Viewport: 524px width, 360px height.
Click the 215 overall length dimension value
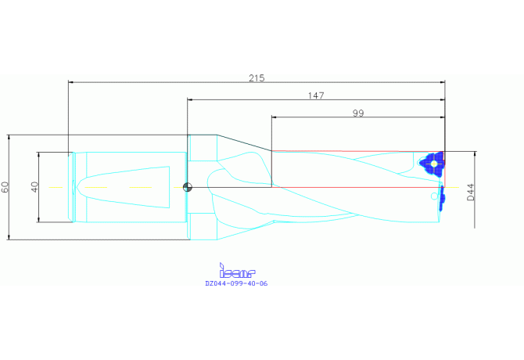[x=257, y=78]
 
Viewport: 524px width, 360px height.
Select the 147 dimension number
[x=316, y=95]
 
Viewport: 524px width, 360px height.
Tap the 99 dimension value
[x=358, y=113]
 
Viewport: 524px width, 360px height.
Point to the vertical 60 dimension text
[x=5, y=187]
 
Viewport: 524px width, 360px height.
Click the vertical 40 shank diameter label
[x=34, y=187]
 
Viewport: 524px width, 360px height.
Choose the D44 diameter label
[x=471, y=193]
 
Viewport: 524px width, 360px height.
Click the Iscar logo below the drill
[x=237, y=271]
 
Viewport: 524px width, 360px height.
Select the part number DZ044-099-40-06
[x=236, y=283]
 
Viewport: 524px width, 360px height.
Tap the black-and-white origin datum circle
[x=188, y=187]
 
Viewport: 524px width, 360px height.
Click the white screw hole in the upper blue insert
[x=434, y=164]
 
